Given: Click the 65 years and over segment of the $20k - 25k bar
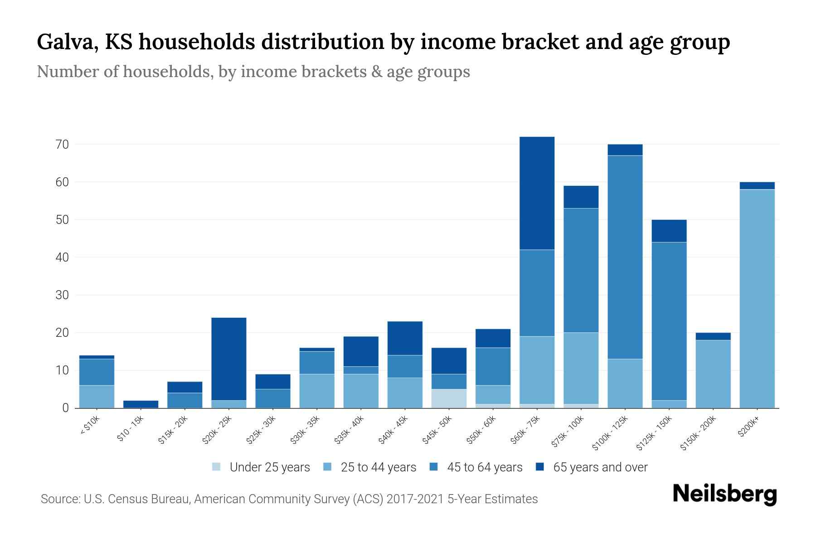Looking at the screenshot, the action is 229,359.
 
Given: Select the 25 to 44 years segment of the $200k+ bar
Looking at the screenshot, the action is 757,299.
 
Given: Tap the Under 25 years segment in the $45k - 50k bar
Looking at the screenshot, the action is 449,399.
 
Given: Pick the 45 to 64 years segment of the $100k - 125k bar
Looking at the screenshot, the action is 625,257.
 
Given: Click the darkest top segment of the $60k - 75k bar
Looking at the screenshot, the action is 537,193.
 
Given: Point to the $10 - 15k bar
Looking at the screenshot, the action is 141,404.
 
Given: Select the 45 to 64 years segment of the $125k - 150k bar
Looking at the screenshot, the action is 669,321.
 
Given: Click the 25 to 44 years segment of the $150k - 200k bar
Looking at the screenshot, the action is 713,374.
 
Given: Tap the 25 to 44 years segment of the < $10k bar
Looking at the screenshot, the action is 97,397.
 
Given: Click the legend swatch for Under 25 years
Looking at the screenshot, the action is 217,467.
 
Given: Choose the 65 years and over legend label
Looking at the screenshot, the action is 600,467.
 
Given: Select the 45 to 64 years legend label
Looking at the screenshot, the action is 485,467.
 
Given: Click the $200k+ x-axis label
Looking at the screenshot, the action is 748,427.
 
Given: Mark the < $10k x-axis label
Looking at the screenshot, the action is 90,426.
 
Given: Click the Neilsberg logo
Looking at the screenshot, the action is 725,495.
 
